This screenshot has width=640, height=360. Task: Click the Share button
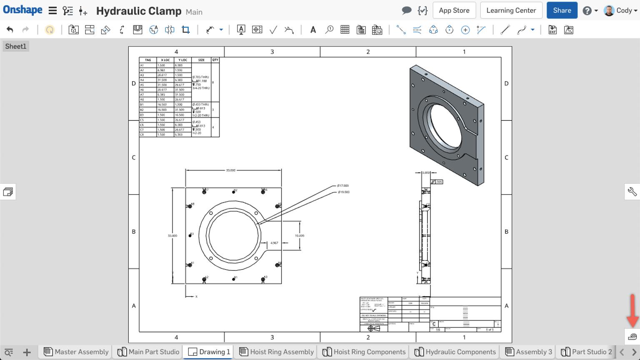562,10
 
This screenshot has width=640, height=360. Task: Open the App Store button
454,10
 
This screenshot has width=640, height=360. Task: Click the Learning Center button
511,10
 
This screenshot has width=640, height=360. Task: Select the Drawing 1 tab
210,352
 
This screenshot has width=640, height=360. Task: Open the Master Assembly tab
76,352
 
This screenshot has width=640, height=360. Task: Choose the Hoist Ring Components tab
364,352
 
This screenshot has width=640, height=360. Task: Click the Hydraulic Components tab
455,352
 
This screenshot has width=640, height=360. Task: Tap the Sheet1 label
15,46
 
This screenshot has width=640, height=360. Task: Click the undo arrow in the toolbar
10,30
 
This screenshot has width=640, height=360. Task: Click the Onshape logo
22,10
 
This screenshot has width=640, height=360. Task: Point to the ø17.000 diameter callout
343,186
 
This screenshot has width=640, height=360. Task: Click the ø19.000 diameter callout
344,192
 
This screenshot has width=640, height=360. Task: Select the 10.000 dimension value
300,236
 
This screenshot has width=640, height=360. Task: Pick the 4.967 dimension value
274,243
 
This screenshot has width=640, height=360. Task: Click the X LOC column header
165,60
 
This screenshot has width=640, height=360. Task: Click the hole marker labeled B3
190,235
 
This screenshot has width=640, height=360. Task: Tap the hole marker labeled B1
234,279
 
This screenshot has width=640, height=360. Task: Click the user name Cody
624,10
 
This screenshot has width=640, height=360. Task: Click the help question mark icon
587,10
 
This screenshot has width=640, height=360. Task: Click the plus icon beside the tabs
27,352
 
